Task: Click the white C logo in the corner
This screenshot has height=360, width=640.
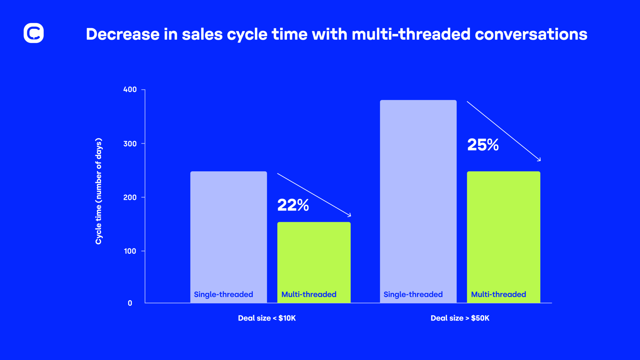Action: coord(33,33)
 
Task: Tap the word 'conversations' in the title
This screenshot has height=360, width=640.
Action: coord(531,34)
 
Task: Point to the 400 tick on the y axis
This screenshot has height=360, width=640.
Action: coord(130,89)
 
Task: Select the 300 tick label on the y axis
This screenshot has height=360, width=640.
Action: coord(130,144)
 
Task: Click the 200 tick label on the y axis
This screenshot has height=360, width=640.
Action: coord(130,197)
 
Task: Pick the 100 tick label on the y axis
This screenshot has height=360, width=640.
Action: coord(130,251)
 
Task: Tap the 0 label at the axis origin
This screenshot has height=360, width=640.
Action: coord(130,303)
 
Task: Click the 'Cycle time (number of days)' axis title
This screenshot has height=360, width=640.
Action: coord(99,191)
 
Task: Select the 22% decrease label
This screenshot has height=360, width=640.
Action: coord(293,205)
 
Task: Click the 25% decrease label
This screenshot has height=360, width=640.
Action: coord(483,145)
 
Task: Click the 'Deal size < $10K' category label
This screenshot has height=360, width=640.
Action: coord(267,318)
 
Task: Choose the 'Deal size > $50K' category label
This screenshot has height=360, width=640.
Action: coord(460,318)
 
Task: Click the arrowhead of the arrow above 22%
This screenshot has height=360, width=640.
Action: coord(349,215)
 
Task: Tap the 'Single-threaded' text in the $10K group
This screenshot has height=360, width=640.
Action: coord(223,294)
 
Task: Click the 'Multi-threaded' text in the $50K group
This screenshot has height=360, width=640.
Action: coord(498,294)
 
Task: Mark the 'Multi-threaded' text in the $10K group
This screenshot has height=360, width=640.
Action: coord(309,294)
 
